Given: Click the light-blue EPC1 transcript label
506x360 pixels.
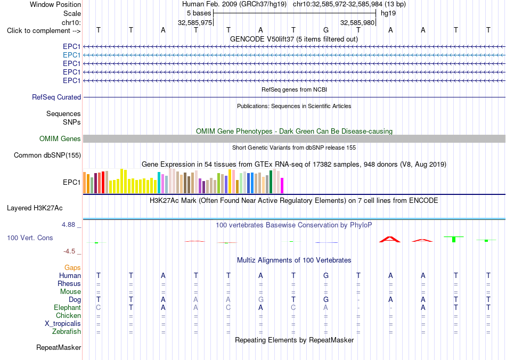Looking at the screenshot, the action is (x=72, y=55).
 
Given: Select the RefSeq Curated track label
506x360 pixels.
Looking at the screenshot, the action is (x=56, y=97).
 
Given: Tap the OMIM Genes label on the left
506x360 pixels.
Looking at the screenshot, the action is (x=60, y=138).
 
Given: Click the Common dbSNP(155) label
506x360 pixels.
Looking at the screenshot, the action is (x=47, y=155).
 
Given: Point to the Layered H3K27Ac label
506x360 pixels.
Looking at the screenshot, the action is (x=35, y=208).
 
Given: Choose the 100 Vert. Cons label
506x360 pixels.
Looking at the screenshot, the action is (x=30, y=238).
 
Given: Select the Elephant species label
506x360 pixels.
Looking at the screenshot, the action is (x=67, y=307).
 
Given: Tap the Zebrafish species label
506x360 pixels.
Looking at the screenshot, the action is (x=67, y=331).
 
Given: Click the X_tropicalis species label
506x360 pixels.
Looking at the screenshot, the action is (x=63, y=324).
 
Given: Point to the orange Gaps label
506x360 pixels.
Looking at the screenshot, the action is (x=72, y=267).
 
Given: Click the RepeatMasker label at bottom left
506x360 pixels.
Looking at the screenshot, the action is (x=59, y=347).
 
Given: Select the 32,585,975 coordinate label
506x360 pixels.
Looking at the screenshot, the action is (x=195, y=22).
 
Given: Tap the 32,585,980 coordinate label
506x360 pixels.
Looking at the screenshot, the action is (x=357, y=22).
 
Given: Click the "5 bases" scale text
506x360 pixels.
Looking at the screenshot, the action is (x=199, y=13).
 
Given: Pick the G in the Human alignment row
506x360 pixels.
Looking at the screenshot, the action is (x=326, y=275).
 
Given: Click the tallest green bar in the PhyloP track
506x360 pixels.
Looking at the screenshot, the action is (x=454, y=239).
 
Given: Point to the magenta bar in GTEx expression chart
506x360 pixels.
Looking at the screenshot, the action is (x=282, y=185).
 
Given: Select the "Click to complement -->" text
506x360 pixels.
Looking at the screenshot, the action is (x=44, y=31).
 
